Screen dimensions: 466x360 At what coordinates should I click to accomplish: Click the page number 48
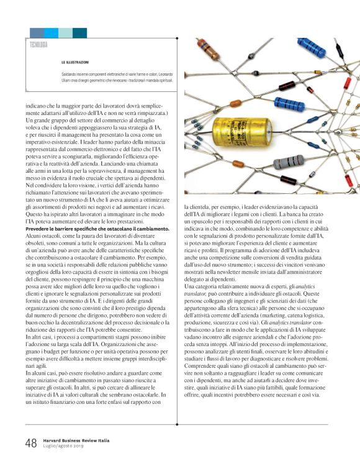point(30,443)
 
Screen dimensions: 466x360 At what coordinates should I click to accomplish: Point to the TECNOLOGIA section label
point(38,45)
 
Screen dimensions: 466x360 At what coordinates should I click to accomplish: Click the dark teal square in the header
point(79,33)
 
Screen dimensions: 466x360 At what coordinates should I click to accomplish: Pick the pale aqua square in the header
point(66,33)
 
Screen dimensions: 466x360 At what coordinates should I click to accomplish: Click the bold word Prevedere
point(38,229)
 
